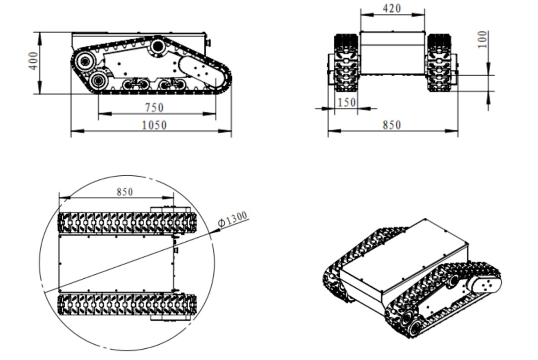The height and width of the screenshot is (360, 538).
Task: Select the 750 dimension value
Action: click(154, 108)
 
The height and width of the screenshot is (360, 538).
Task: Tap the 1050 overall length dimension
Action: click(154, 125)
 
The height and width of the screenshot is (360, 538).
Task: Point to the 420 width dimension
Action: click(392, 9)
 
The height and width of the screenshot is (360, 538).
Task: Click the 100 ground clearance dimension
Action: click(482, 40)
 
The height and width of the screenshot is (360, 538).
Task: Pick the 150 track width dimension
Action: click(347, 102)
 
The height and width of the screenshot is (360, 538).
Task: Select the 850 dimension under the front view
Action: click(391, 125)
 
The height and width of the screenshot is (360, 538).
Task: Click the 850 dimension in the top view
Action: click(125, 192)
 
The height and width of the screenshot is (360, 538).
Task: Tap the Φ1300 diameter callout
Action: click(232, 219)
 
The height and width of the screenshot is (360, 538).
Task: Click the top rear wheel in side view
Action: click(84, 61)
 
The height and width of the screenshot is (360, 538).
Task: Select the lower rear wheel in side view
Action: click(98, 81)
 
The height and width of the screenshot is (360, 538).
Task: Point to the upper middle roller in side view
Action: click(158, 46)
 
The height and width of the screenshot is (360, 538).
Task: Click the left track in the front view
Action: click(347, 63)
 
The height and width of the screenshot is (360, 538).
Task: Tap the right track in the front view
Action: click(438, 63)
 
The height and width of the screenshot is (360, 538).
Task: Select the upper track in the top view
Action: click(127, 222)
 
